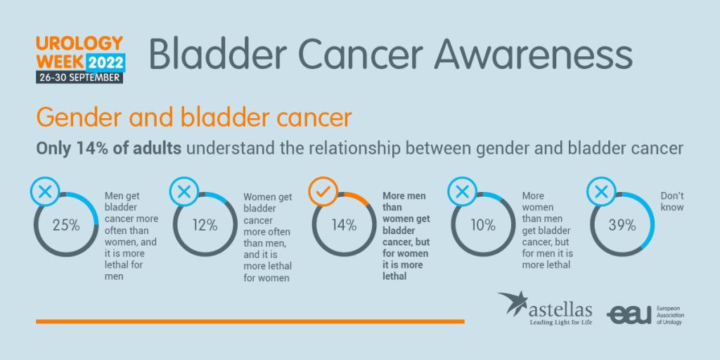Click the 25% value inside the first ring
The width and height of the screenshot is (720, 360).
pos(67,226)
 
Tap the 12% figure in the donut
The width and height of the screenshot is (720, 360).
pos(205,226)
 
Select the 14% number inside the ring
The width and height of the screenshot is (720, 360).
pos(344,226)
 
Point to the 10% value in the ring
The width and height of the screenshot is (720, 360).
pos(483,226)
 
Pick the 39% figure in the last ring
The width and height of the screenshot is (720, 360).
pos(622,226)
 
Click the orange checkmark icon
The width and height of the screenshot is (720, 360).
pos(323,192)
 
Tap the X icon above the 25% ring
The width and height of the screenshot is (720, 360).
pos(45,191)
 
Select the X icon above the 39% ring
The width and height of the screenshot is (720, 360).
pos(601,191)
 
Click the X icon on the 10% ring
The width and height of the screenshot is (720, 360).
pos(462,191)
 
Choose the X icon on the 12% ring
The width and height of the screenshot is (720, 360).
pos(184,191)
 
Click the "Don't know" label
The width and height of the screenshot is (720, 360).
pos(672,202)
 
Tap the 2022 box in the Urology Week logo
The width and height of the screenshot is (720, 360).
pos(105,62)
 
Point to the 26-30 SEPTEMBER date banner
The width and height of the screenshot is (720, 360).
pos(79,77)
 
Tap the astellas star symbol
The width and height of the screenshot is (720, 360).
pos(513,302)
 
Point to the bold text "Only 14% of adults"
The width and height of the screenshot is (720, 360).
pos(108,149)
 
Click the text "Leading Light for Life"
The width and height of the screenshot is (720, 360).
pos(560,322)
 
